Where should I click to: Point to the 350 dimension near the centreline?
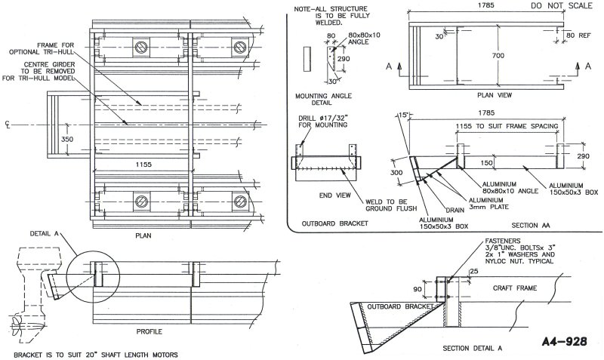pos(67,139)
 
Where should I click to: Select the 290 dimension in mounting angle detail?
pos(344,57)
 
